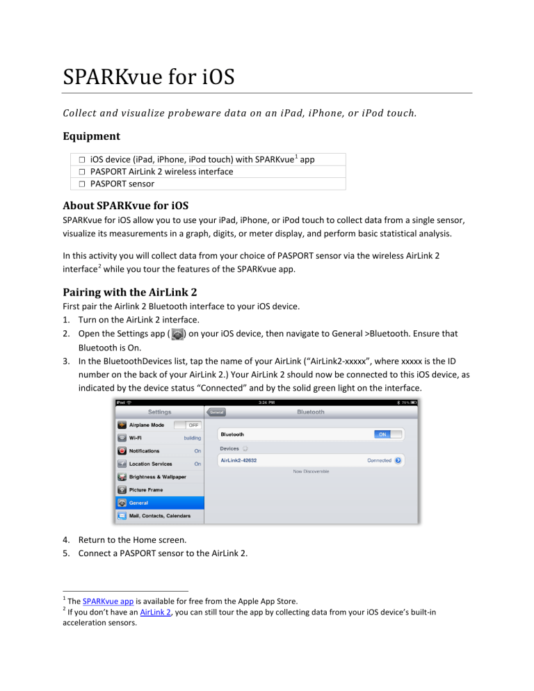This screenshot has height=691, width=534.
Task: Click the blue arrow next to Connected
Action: (398, 460)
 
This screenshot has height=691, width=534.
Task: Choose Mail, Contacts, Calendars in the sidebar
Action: (159, 516)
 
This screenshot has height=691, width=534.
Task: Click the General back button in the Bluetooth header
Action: (218, 412)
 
